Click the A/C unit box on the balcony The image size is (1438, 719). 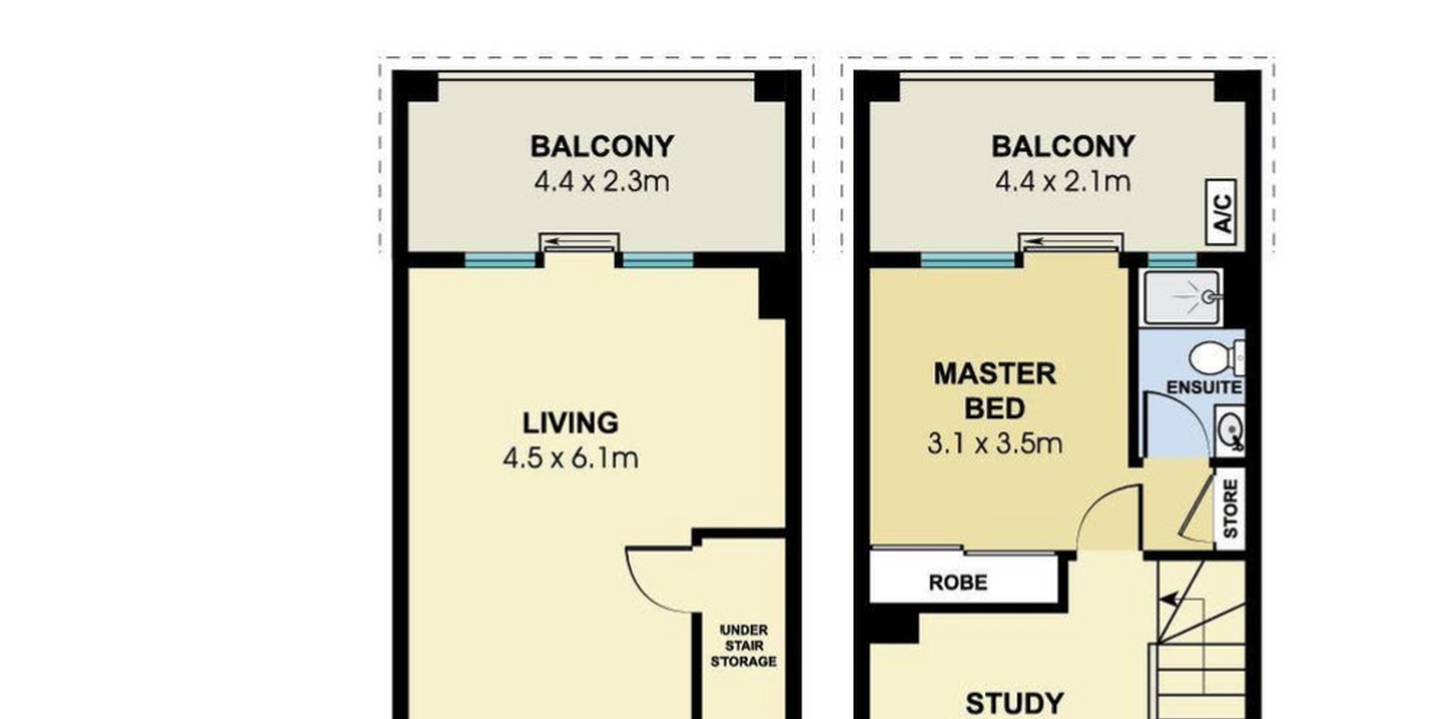pyautogui.click(x=1221, y=212)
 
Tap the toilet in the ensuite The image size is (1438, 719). pyautogui.click(x=1216, y=358)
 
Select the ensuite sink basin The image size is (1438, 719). pyautogui.click(x=1230, y=431)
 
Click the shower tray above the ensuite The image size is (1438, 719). pyautogui.click(x=1183, y=297)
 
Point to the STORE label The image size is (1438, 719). pyautogui.click(x=1230, y=509)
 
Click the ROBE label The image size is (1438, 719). pyautogui.click(x=958, y=582)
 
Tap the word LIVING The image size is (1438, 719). pyautogui.click(x=570, y=423)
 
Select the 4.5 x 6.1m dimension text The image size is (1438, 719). pyautogui.click(x=570, y=458)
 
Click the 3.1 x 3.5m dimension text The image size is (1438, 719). pyautogui.click(x=994, y=443)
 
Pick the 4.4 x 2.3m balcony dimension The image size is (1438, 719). pyautogui.click(x=601, y=182)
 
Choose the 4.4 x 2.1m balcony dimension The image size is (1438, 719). pyautogui.click(x=1062, y=182)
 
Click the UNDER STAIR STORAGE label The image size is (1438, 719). pyautogui.click(x=743, y=646)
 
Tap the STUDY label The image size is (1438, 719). pyautogui.click(x=1015, y=703)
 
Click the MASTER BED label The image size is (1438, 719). pyautogui.click(x=994, y=391)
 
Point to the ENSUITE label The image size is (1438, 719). pyautogui.click(x=1203, y=387)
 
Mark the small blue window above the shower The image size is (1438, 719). pyautogui.click(x=1172, y=260)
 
